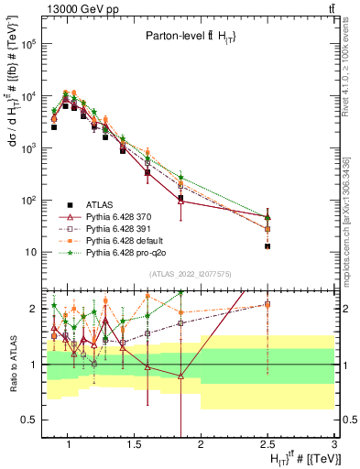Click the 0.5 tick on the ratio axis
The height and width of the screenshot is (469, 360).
tap(31, 420)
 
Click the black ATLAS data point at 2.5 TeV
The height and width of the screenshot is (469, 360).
tap(267, 245)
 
